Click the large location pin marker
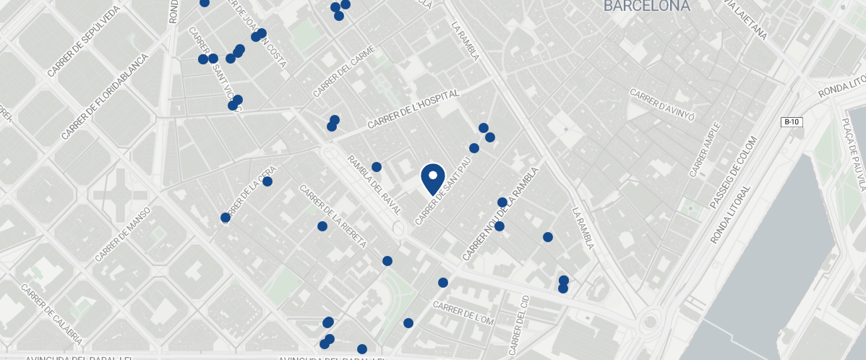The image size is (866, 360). click(432, 178)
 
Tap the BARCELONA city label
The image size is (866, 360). click(646, 7)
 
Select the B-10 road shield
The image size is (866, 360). click(792, 122)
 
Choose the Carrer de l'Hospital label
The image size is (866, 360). click(413, 110)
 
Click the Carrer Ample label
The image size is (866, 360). click(705, 150)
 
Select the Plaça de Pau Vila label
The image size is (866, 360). click(852, 151)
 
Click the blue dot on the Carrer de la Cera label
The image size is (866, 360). click(267, 181)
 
